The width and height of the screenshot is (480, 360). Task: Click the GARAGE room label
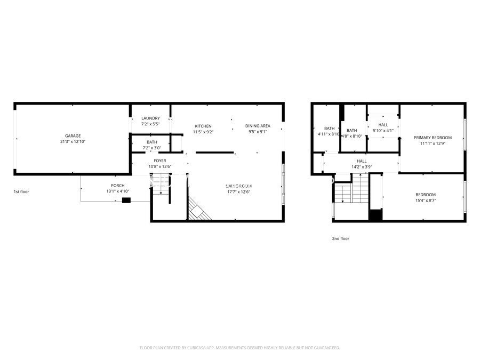(73, 136)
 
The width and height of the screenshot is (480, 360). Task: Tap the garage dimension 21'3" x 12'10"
(73, 142)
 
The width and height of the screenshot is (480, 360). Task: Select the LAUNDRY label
(150, 118)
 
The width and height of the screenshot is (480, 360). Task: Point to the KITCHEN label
(203, 126)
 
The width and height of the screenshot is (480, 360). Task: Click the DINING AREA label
(258, 126)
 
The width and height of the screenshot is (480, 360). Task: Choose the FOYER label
(160, 161)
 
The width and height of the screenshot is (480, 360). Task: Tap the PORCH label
(118, 185)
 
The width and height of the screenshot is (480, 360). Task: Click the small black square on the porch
(126, 201)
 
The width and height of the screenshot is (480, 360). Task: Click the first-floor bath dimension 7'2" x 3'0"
(152, 148)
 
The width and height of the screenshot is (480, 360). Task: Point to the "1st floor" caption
(21, 191)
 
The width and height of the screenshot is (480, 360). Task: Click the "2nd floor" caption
(340, 238)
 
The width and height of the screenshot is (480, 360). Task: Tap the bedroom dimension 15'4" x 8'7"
(426, 201)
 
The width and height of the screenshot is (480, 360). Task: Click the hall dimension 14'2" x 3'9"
(362, 167)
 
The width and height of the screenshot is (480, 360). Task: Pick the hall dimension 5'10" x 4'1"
(382, 131)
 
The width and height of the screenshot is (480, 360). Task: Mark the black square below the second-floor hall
(376, 216)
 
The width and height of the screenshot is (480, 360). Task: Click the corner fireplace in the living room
(198, 209)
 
